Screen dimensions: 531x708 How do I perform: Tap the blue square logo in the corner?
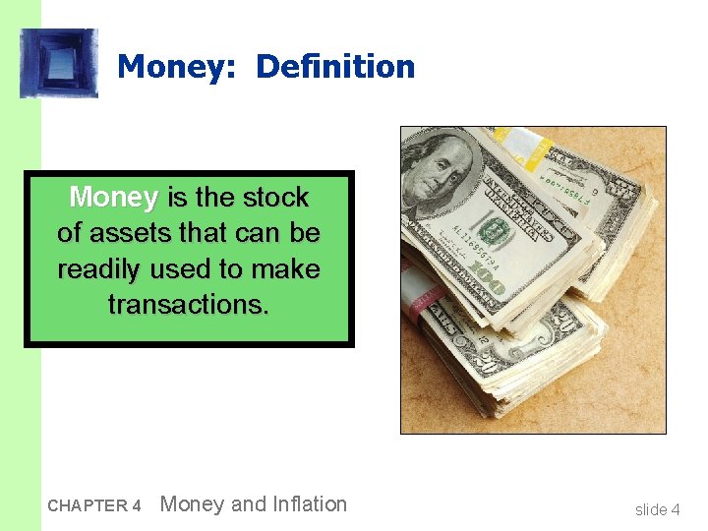59,63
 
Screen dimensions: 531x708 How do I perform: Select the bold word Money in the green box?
113,198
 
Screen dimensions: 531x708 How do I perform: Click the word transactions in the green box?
187,305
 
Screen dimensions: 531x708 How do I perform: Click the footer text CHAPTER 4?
94,506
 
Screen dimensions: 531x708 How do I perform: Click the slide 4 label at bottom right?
657,509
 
